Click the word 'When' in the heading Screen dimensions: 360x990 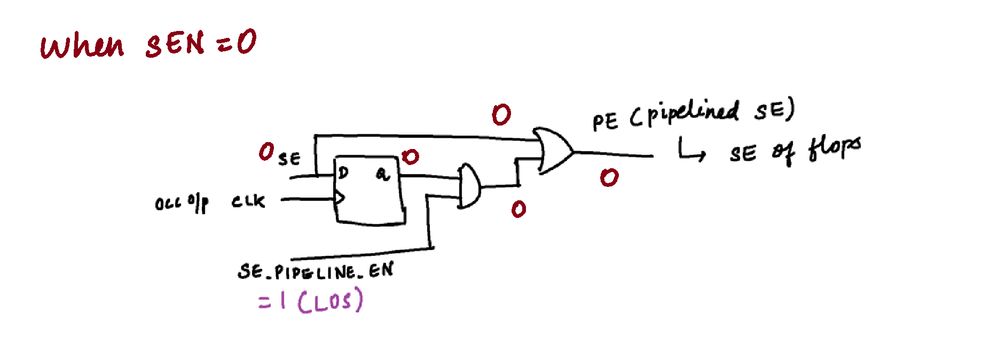pos(82,46)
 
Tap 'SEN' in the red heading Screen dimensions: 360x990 pos(175,44)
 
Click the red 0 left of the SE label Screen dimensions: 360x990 pos(266,152)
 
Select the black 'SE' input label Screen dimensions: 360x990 pos(289,159)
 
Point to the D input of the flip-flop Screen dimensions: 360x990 pos(343,173)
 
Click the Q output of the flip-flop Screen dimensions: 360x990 pos(382,174)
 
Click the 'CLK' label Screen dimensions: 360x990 pos(248,201)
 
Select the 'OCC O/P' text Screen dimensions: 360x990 pos(182,204)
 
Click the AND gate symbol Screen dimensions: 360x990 pos(469,186)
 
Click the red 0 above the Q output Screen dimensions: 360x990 pos(410,156)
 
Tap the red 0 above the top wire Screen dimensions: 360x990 pos(501,114)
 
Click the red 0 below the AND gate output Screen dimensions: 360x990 pos(518,209)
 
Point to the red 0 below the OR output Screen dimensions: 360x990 pos(609,177)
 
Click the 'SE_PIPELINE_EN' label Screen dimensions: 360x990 pos(315,271)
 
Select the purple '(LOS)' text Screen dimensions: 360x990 pos(330,302)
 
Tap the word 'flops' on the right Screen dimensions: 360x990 pos(834,148)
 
